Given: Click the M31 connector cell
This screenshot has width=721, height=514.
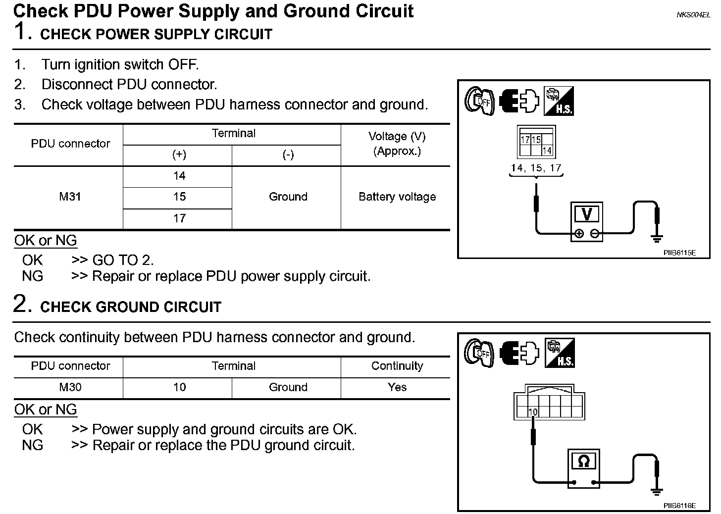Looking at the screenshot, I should pyautogui.click(x=70, y=197).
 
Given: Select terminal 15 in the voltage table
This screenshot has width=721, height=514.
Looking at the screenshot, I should pyautogui.click(x=179, y=197).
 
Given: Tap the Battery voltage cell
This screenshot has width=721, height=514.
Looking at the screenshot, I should pyautogui.click(x=397, y=197).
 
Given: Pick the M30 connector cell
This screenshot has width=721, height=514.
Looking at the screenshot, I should pyautogui.click(x=70, y=387).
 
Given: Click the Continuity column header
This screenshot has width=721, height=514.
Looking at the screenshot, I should pyautogui.click(x=397, y=366).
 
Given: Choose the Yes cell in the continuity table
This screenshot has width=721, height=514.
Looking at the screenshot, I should pyautogui.click(x=397, y=387).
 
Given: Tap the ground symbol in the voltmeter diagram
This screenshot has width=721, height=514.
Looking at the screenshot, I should pyautogui.click(x=657, y=239).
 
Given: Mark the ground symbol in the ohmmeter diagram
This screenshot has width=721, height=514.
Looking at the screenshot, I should pyautogui.click(x=657, y=491).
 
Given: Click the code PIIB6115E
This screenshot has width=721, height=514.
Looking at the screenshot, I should pyautogui.click(x=679, y=253).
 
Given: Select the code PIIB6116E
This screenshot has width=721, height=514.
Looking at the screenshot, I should pyautogui.click(x=679, y=506).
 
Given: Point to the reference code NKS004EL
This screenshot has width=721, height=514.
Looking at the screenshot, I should pyautogui.click(x=693, y=15).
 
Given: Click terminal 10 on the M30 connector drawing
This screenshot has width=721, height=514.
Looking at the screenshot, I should pyautogui.click(x=533, y=412).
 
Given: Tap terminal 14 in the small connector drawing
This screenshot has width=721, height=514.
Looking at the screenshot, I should pyautogui.click(x=547, y=151).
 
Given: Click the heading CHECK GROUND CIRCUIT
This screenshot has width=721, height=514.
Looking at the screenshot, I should pyautogui.click(x=131, y=307).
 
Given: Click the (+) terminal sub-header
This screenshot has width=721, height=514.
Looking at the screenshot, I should pyautogui.click(x=179, y=155).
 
